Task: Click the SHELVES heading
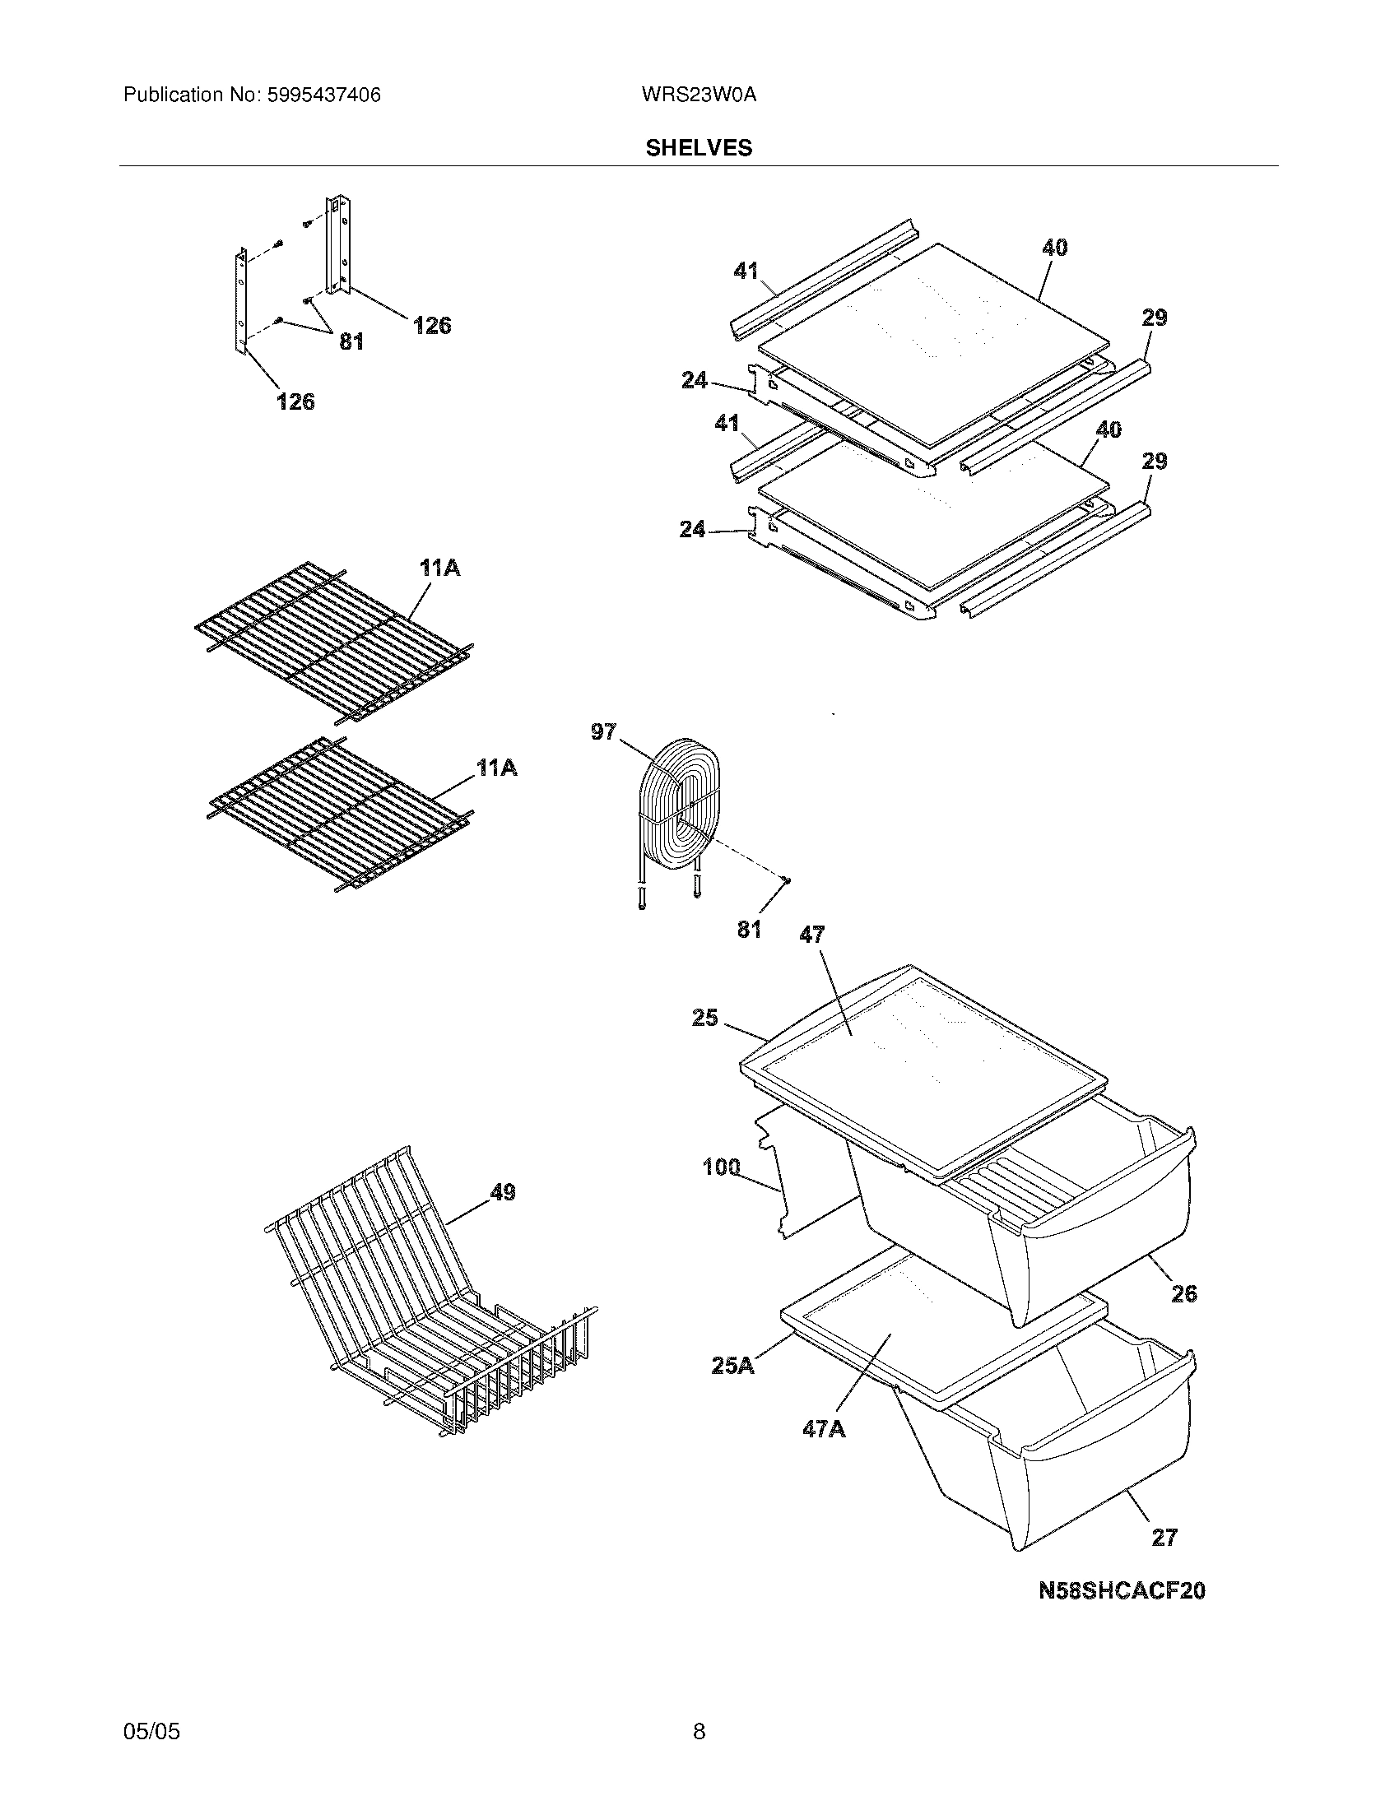coord(699,147)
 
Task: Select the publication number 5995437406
coord(323,95)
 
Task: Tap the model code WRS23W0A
coord(699,95)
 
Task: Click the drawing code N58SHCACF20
coord(1122,1590)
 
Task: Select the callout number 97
coord(603,731)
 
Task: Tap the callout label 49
coord(502,1193)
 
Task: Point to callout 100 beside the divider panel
coord(721,1167)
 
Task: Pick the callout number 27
coord(1164,1538)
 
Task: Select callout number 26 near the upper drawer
coord(1184,1293)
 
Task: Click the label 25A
coord(732,1365)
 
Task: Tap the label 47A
coord(824,1429)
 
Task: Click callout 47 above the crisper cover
coord(812,935)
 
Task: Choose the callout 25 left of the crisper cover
coord(704,1018)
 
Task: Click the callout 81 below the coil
coord(749,930)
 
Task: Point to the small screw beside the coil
coord(786,879)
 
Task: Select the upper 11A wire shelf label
coord(440,569)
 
